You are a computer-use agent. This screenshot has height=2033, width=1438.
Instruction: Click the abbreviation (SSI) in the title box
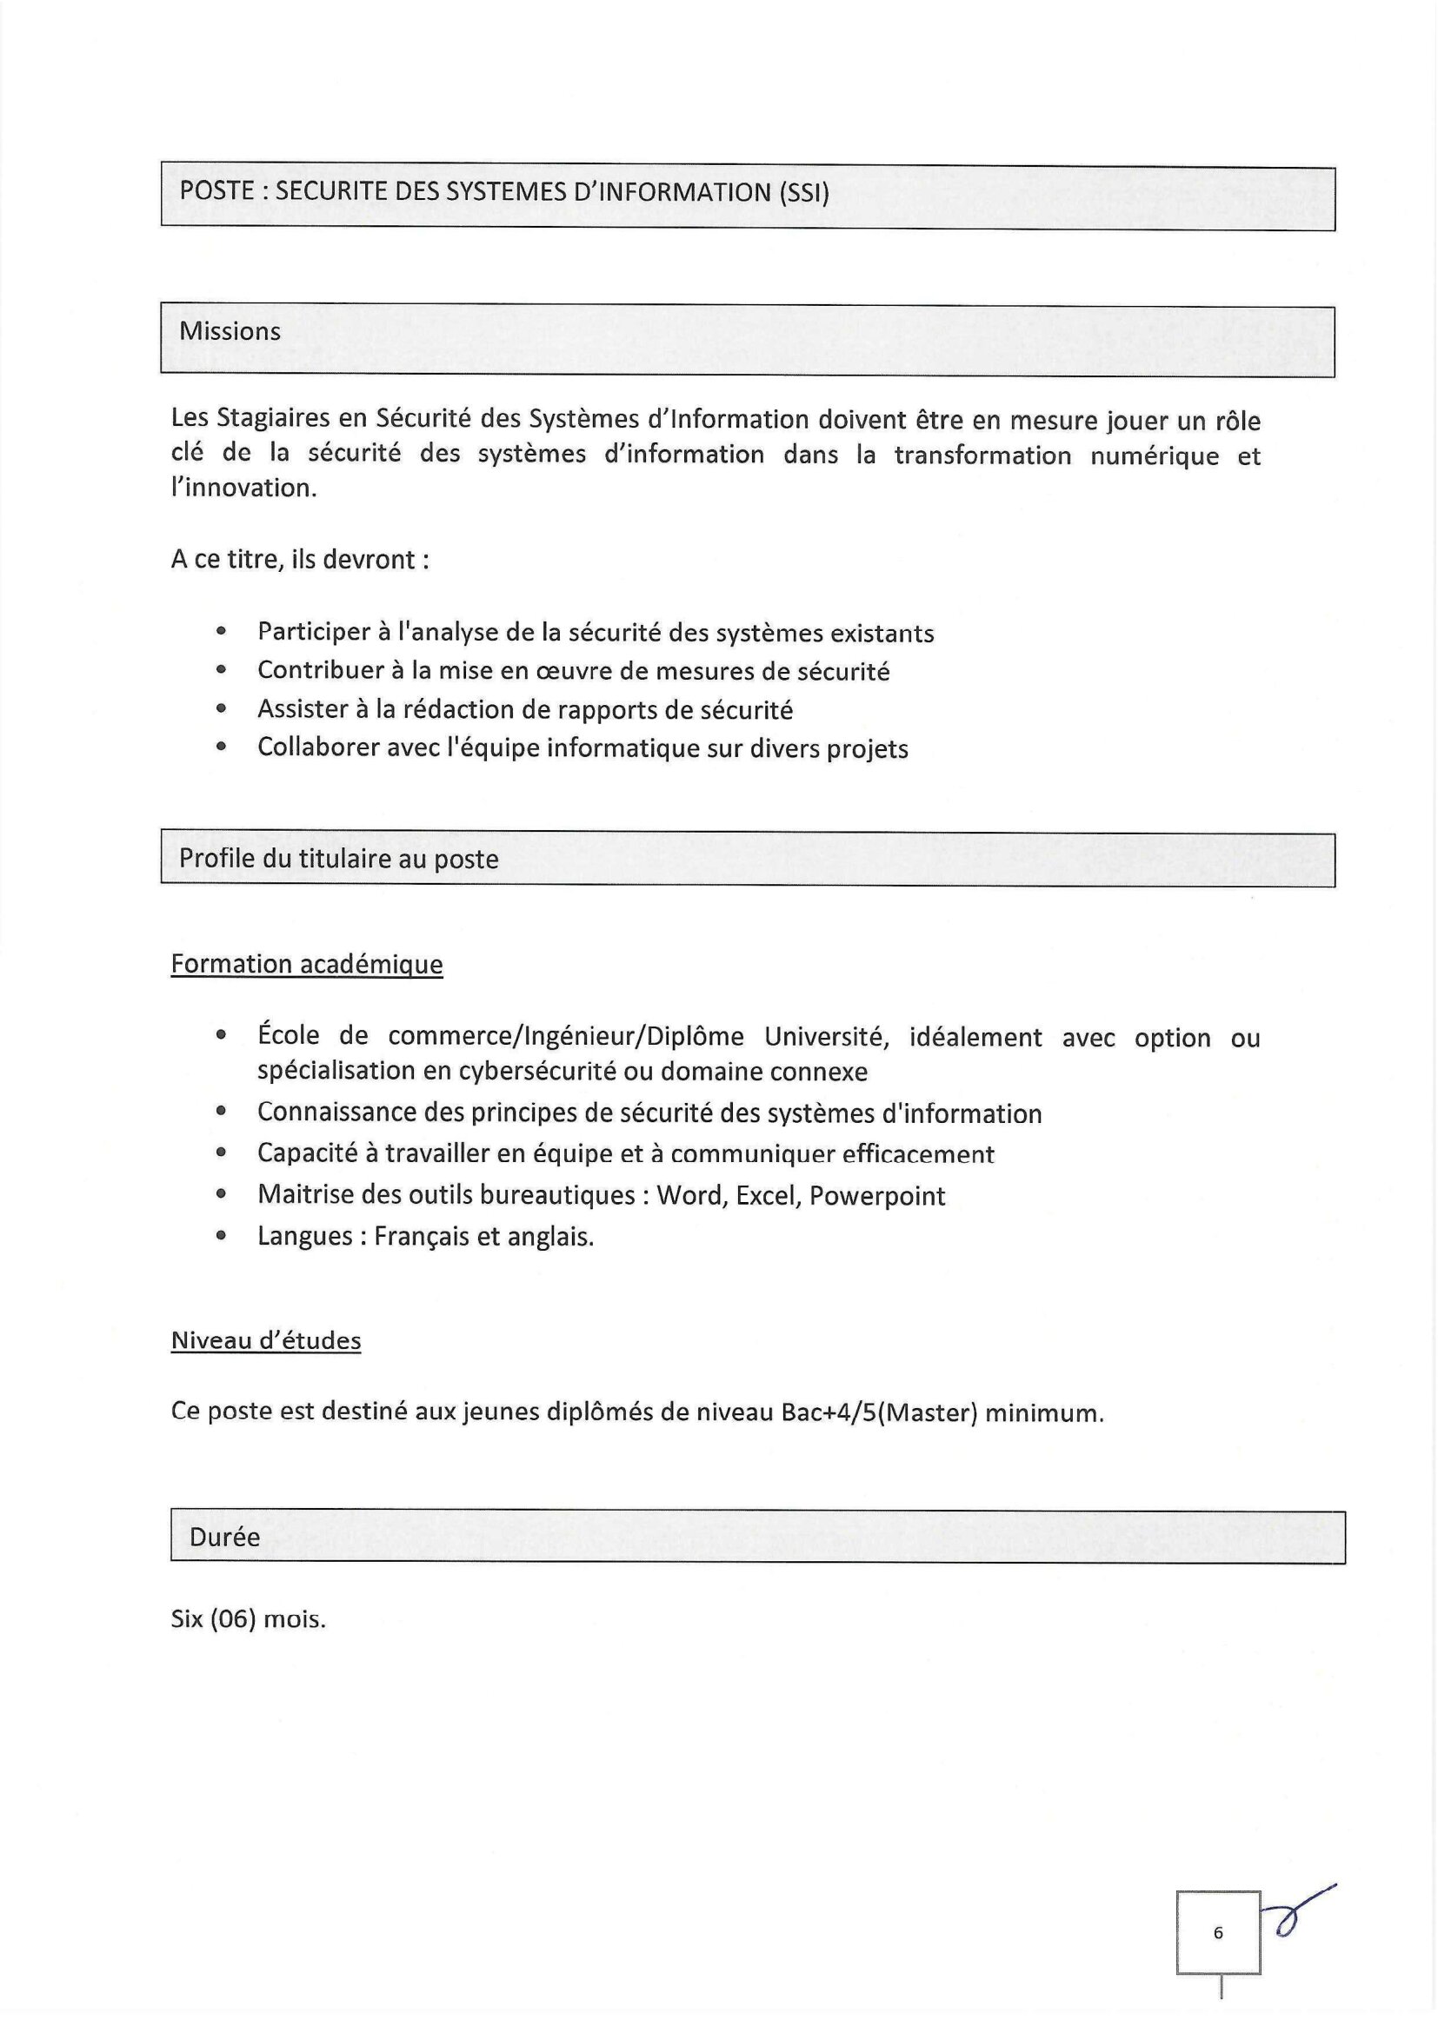pyautogui.click(x=804, y=193)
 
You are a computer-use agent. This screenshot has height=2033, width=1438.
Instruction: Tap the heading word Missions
pyautogui.click(x=230, y=331)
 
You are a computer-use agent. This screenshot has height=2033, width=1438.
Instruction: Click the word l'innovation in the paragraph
pyautogui.click(x=243, y=488)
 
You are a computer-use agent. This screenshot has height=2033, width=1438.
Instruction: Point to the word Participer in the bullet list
pyautogui.click(x=315, y=632)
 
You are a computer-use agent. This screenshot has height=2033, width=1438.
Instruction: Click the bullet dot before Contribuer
pyautogui.click(x=222, y=670)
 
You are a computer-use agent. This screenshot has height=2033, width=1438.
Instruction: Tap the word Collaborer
pyautogui.click(x=318, y=748)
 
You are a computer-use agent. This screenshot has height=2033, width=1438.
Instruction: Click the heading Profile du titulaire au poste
pyautogui.click(x=338, y=859)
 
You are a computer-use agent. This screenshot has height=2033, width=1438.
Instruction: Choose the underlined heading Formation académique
pyautogui.click(x=306, y=963)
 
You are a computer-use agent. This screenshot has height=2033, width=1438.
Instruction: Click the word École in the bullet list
pyautogui.click(x=289, y=1035)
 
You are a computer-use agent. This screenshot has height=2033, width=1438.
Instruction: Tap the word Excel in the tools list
pyautogui.click(x=767, y=1196)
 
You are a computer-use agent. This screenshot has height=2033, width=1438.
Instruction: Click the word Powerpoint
pyautogui.click(x=876, y=1196)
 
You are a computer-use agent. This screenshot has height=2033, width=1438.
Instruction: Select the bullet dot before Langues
pyautogui.click(x=222, y=1236)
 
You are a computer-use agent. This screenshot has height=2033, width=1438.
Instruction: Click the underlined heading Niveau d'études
pyautogui.click(x=266, y=1340)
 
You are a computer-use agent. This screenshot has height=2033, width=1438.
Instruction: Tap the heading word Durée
pyautogui.click(x=224, y=1538)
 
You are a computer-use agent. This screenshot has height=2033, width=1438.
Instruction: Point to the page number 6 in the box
pyautogui.click(x=1217, y=1933)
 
